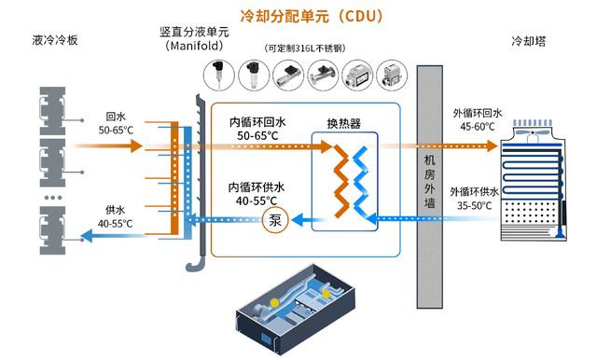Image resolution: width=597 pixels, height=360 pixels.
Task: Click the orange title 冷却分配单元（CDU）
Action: (312, 17)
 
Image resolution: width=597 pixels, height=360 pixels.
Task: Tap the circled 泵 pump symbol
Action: (275, 220)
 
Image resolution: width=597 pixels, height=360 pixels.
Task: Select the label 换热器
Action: (344, 123)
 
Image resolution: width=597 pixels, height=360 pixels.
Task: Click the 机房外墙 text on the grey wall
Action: (429, 181)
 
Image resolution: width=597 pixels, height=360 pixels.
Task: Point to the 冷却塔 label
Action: (529, 41)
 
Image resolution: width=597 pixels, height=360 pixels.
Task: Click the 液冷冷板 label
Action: (55, 40)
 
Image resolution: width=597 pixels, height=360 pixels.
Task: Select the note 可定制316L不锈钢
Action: (305, 48)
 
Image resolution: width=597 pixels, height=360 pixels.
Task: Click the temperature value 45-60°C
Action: (478, 127)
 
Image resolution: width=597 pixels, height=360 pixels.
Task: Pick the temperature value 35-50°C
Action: (475, 206)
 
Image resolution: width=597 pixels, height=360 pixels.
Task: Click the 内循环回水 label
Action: (257, 122)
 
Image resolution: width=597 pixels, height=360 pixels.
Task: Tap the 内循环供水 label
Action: (257, 187)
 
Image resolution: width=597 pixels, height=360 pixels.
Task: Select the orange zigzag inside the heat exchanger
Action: (341, 181)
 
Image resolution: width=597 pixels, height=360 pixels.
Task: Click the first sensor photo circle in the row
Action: (219, 76)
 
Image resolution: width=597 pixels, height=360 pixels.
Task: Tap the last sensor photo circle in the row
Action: (392, 76)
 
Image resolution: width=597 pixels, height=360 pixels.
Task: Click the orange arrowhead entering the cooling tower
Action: (493, 145)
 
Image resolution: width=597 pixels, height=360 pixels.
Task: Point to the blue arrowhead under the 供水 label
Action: (87, 236)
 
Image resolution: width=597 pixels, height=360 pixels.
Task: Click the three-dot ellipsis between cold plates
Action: (53, 198)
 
